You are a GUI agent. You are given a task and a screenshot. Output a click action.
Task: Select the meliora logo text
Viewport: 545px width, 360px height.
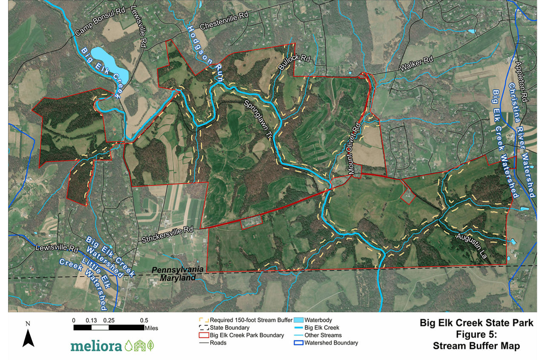coord(96,345)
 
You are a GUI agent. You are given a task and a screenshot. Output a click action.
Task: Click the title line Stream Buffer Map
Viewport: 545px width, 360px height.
coord(476,346)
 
